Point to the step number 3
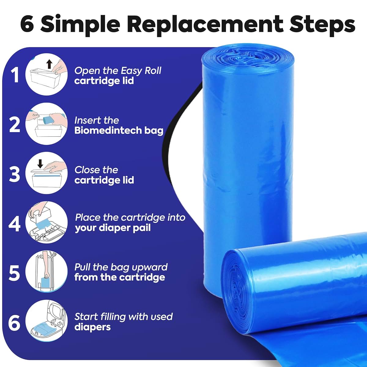[x=14, y=174]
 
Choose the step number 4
[x=14, y=224]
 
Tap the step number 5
[x=14, y=273]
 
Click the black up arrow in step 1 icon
[x=50, y=64]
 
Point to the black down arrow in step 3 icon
[x=40, y=164]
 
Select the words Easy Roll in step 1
[x=141, y=71]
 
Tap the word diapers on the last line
[x=93, y=327]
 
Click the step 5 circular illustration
[x=46, y=272]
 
